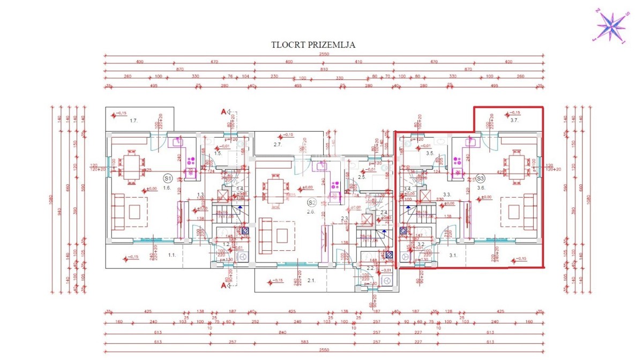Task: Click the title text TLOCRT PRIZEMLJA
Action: pos(313,45)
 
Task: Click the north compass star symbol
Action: pos(611,25)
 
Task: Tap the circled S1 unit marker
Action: pos(167,178)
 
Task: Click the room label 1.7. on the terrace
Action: pos(133,122)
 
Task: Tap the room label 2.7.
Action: pos(278,145)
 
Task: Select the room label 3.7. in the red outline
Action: pos(514,121)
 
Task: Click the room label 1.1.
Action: pos(172,255)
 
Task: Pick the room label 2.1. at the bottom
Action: pos(311,280)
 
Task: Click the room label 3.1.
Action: pos(452,255)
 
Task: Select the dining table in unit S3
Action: pos(515,167)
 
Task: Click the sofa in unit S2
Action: pos(265,236)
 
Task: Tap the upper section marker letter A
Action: pos(223,111)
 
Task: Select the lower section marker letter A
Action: pos(223,285)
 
